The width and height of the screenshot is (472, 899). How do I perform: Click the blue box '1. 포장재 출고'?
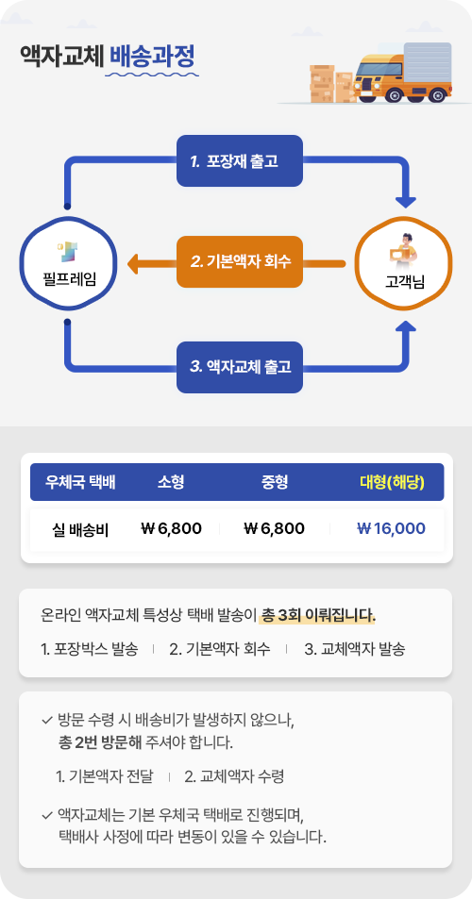pos(239,160)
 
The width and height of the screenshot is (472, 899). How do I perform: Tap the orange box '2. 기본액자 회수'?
pos(239,262)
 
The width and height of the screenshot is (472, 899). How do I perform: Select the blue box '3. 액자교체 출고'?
pos(239,367)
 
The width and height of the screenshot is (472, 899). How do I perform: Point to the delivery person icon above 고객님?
pos(402,250)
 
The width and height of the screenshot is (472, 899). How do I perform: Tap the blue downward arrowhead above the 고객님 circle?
pos(406,201)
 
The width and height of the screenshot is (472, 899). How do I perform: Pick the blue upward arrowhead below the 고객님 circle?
pos(406,327)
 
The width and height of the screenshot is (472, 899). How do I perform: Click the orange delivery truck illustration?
pos(402,73)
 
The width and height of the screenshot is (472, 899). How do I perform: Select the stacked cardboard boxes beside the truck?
pos(331,84)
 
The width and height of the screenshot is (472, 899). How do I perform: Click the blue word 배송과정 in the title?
pos(152,57)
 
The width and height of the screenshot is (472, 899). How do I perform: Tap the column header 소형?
pos(171,482)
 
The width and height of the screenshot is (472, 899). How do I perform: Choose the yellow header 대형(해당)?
pos(393,482)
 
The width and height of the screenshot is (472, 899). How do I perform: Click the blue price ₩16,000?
pos(391,528)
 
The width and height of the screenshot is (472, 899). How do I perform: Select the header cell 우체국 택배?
pos(81,482)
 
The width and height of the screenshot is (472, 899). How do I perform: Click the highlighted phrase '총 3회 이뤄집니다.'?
pos(318,616)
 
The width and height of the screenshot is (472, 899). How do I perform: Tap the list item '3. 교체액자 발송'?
pos(355,650)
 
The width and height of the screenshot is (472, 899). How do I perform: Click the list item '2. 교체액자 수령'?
pos(234,777)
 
